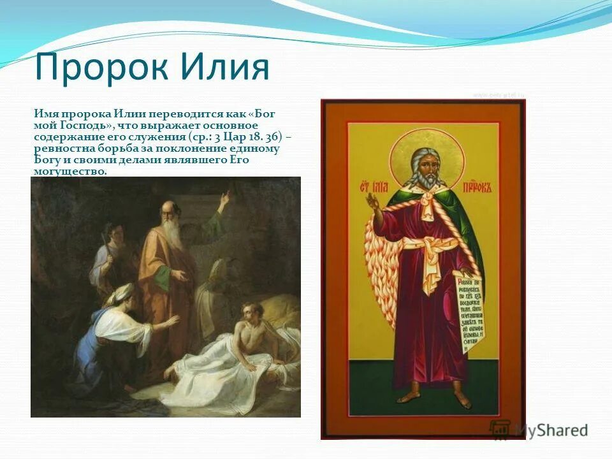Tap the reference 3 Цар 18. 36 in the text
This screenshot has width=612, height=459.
click(245, 137)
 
